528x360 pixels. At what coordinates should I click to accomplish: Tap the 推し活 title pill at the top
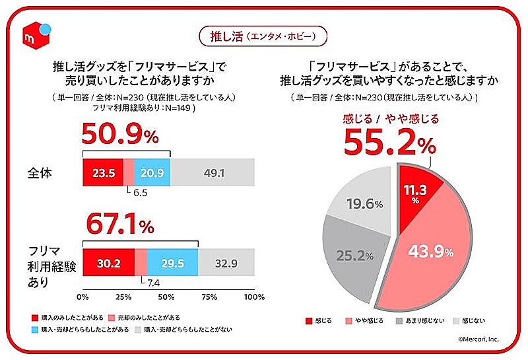click(263, 34)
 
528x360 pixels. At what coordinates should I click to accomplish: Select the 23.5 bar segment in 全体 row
click(102, 172)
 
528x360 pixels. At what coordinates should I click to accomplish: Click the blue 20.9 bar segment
click(152, 172)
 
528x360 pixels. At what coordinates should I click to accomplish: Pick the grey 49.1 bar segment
click(212, 172)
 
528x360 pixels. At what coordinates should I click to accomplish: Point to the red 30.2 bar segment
click(108, 262)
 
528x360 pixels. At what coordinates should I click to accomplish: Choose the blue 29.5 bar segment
click(172, 262)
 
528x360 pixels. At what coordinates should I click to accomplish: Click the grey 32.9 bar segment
click(226, 262)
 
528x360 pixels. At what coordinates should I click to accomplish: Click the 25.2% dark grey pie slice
click(353, 254)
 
